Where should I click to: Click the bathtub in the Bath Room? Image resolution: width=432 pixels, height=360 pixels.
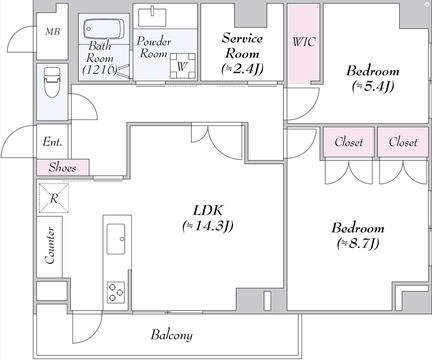[103, 29]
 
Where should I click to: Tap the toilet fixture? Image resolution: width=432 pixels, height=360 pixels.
[52, 82]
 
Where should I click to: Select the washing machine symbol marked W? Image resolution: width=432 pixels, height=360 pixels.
[182, 66]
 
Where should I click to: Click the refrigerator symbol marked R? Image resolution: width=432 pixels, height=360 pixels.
[54, 198]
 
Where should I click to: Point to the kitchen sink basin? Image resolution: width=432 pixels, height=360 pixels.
[116, 239]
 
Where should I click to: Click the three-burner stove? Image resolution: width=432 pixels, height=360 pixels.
[116, 292]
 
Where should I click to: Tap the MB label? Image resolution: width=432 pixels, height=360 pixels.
[53, 32]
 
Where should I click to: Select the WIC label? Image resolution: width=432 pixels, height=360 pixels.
[304, 42]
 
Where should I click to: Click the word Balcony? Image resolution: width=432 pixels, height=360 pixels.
[172, 335]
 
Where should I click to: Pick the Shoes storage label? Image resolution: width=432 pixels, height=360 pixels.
[62, 167]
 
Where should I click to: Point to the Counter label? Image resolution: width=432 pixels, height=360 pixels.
[50, 246]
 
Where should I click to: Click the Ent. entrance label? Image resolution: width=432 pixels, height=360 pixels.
[52, 142]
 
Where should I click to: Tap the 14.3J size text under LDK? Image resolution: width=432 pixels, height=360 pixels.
[208, 226]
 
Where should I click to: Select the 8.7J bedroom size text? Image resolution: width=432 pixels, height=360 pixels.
[358, 244]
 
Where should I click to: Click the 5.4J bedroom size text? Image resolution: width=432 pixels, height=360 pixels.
[373, 87]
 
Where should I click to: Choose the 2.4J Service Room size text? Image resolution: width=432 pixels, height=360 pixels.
[242, 69]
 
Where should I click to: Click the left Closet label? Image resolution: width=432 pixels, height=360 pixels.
[349, 142]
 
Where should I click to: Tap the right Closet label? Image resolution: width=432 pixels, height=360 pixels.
[403, 142]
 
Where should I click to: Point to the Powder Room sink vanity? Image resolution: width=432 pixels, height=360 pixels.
[152, 17]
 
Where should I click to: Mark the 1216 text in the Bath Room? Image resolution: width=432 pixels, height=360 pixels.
[100, 69]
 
